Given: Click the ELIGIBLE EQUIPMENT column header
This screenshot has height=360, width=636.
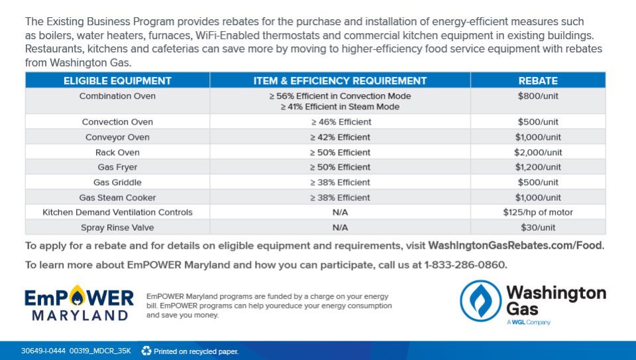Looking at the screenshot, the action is pyautogui.click(x=117, y=81).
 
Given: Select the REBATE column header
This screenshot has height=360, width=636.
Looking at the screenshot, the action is pyautogui.click(x=538, y=81).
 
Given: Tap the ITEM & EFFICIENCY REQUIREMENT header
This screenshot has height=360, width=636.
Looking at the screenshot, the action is pyautogui.click(x=340, y=81).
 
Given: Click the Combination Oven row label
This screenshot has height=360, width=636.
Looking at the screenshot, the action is pyautogui.click(x=117, y=96).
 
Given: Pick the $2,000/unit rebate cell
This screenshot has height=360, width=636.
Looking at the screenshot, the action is pyautogui.click(x=538, y=152).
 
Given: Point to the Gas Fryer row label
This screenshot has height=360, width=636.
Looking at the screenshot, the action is pyautogui.click(x=117, y=167).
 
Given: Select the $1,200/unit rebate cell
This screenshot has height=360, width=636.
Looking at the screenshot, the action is pyautogui.click(x=538, y=167).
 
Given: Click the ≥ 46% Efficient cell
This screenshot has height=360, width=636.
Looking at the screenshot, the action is pyautogui.click(x=341, y=122).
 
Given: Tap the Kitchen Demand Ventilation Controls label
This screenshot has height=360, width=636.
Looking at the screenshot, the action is pyautogui.click(x=117, y=212).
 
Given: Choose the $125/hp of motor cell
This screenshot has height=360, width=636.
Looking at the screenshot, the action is pyautogui.click(x=538, y=212).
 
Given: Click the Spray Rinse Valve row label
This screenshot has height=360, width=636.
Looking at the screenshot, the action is pyautogui.click(x=117, y=227).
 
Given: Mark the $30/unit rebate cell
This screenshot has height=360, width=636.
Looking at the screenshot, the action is pyautogui.click(x=538, y=227).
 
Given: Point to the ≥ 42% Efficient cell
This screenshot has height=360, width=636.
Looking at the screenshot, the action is pyautogui.click(x=340, y=137).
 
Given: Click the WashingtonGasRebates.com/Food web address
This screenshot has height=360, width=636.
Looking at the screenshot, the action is pyautogui.click(x=516, y=245).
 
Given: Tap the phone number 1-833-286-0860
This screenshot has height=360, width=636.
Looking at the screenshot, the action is pyautogui.click(x=466, y=265).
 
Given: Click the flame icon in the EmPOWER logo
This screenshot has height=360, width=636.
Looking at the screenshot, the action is pyautogui.click(x=77, y=296).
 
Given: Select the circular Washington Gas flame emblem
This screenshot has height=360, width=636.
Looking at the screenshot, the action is pyautogui.click(x=481, y=301).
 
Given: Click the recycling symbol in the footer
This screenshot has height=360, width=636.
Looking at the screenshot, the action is pyautogui.click(x=146, y=351).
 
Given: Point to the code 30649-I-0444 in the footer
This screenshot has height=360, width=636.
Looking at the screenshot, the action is pyautogui.click(x=43, y=351).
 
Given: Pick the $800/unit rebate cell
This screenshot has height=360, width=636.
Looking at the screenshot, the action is pyautogui.click(x=538, y=96).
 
